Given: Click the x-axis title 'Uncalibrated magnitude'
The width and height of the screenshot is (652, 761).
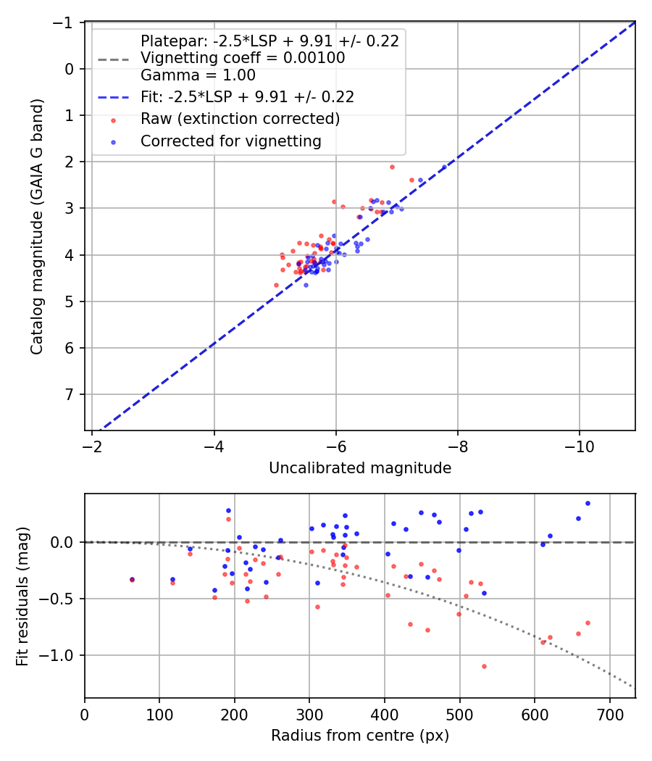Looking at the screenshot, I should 360,468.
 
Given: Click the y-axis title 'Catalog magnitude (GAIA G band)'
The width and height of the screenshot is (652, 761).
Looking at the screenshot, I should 37,226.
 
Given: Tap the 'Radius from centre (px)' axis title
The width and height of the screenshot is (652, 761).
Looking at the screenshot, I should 360,736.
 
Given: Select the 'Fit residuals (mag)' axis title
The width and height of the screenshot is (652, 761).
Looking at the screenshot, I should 22,596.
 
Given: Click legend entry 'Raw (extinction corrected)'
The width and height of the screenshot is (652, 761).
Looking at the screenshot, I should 240,118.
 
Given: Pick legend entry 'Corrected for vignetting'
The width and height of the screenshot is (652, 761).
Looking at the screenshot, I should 231,141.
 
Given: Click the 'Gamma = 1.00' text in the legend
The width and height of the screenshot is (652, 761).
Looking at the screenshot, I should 198,75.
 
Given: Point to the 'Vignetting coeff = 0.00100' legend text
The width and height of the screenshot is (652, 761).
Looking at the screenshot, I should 243,58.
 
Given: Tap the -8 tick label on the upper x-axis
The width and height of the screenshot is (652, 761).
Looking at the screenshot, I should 458,445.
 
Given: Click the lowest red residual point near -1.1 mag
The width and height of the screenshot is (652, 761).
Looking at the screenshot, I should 484,666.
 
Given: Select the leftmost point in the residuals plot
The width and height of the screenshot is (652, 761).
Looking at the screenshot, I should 132,580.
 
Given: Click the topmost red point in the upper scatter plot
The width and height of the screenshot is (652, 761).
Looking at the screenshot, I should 392,167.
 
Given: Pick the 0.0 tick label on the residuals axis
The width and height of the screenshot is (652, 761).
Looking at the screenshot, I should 65,542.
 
